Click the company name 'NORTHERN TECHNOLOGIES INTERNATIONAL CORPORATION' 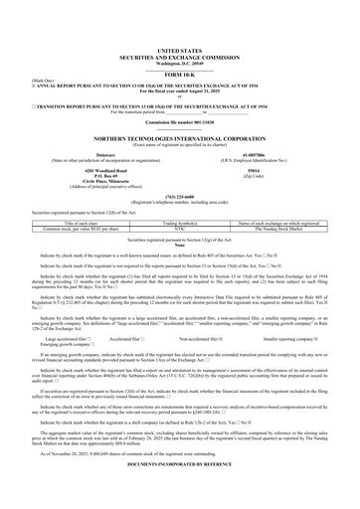tap(180, 139)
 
